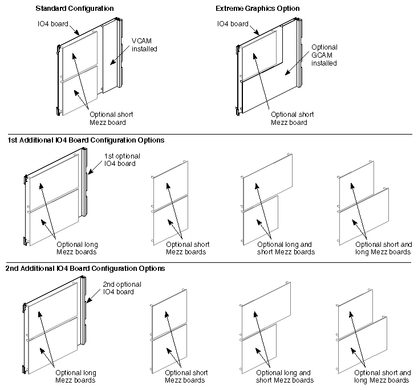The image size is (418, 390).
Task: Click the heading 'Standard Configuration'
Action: [x=75, y=9]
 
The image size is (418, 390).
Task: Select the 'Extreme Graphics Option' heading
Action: [x=258, y=9]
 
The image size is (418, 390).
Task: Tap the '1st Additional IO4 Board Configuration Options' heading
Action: [x=86, y=140]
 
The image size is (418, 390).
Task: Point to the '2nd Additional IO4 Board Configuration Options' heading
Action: [x=86, y=268]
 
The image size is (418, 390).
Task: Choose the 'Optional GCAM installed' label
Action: [x=324, y=55]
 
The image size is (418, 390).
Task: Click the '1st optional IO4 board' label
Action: [x=121, y=160]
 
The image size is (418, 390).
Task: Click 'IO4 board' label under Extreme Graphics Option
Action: [x=232, y=24]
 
